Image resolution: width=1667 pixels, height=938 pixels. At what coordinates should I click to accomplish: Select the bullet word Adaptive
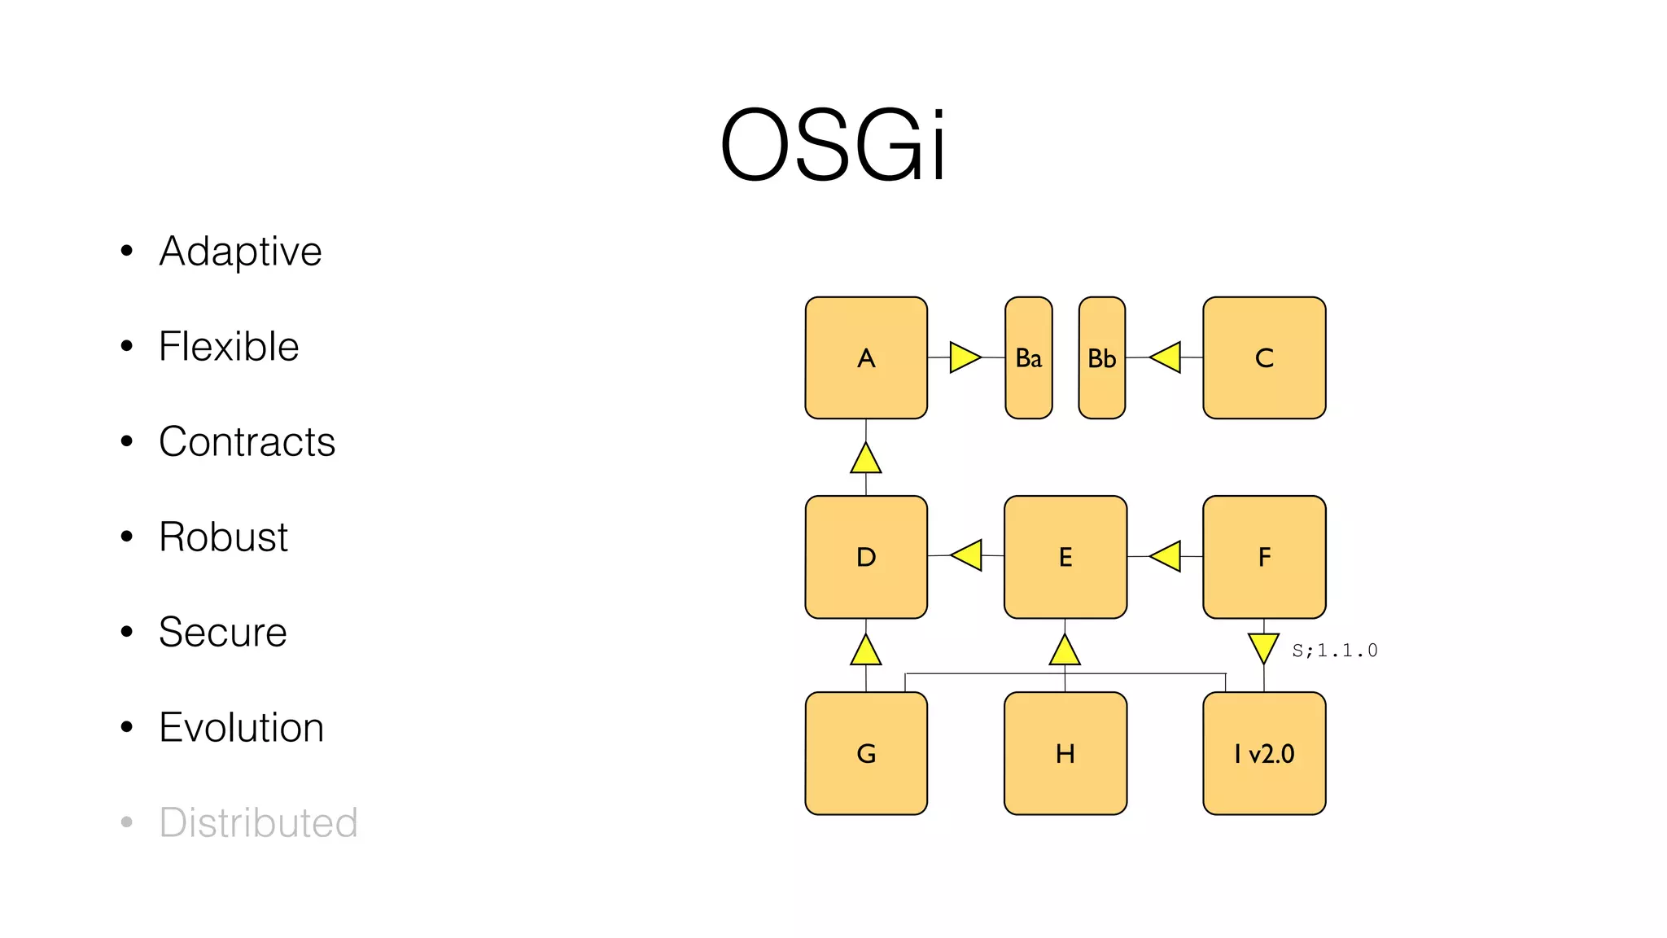(x=240, y=252)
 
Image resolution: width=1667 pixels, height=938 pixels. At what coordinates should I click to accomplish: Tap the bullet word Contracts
(x=247, y=442)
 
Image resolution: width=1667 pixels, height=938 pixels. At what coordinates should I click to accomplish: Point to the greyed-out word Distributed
(x=258, y=823)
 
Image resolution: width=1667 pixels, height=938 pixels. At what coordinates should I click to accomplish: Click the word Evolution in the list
(x=241, y=728)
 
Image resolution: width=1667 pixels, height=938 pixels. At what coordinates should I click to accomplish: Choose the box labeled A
(x=866, y=358)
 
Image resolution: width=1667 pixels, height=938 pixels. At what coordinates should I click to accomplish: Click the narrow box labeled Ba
(x=1029, y=358)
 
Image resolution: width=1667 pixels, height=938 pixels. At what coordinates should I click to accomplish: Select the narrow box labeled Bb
(x=1102, y=358)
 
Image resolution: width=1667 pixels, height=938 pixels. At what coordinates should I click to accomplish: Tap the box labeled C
(x=1264, y=358)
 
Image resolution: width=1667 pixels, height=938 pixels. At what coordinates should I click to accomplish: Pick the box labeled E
(x=1065, y=558)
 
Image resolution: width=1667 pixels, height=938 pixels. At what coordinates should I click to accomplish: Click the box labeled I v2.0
(x=1264, y=754)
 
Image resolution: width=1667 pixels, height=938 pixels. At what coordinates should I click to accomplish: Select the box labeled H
(x=1065, y=754)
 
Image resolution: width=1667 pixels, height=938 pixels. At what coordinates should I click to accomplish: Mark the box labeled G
(x=866, y=754)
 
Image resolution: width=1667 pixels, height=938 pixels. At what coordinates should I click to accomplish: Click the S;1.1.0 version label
(x=1335, y=651)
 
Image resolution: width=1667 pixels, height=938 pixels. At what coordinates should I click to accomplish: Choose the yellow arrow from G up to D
(x=866, y=651)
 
